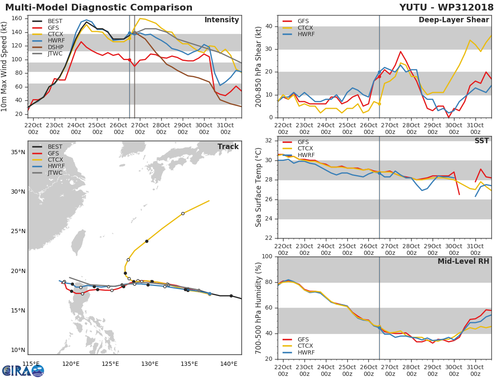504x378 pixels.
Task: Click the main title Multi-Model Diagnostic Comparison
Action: point(99,8)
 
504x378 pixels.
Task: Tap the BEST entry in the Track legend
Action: point(55,147)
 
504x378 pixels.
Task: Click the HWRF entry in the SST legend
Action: point(306,155)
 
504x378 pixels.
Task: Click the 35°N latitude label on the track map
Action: point(17,152)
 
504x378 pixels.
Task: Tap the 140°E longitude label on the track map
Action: point(228,364)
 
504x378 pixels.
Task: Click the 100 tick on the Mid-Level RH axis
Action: point(267,257)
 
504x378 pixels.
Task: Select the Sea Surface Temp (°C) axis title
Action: point(259,187)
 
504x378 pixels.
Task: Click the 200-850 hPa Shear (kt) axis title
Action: point(259,66)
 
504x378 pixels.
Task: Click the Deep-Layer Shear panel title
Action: point(454,20)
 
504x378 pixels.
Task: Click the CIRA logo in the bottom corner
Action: point(23,370)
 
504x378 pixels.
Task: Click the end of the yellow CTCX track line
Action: point(209,200)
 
